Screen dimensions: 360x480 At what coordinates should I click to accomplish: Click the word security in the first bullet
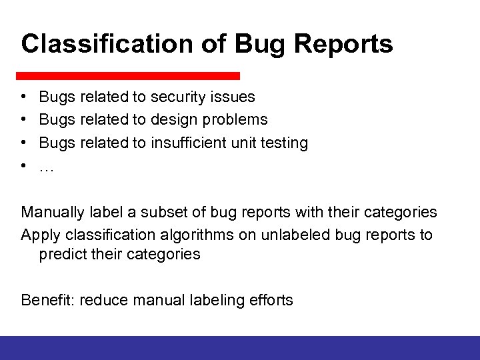178,97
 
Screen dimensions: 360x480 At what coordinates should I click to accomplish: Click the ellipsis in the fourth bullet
46,167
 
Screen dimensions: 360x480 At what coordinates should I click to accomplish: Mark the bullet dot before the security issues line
24,97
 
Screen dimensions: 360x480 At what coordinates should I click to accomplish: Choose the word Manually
52,213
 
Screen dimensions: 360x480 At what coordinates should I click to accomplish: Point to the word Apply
39,235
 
